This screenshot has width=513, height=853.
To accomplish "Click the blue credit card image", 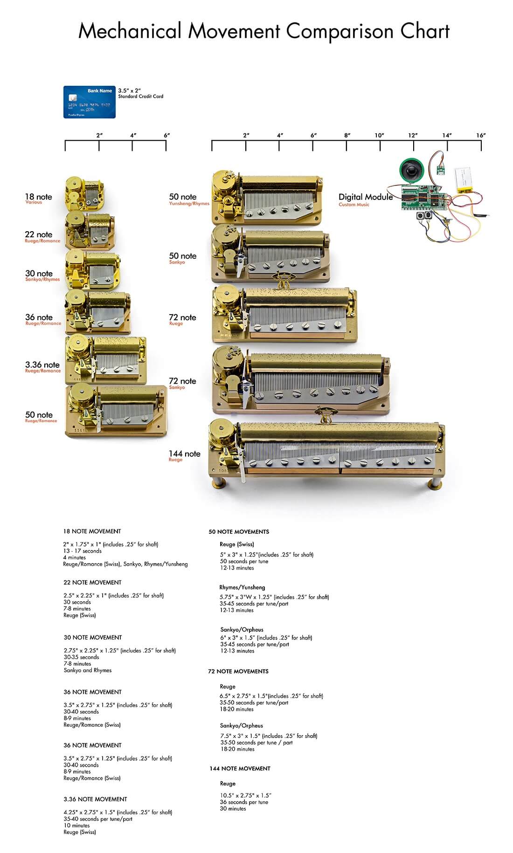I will [89, 102].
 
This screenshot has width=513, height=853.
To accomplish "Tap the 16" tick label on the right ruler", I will [481, 135].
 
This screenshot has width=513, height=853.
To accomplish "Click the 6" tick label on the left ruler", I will [166, 135].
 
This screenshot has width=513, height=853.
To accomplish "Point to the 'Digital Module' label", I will [365, 197].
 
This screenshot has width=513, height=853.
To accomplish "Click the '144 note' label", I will [184, 454].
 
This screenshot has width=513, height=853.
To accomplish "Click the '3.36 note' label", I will [42, 365].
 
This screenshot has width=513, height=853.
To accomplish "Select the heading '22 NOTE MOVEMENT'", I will [92, 582].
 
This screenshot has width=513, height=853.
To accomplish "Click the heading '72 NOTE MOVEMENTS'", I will [238, 671].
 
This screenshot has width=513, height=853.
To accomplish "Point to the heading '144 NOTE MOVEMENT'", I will [240, 768].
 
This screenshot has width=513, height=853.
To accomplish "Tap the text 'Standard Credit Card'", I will [140, 96].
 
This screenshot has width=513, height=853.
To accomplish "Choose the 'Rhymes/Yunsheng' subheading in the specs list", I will [242, 587].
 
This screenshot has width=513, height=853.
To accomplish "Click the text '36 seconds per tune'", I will [244, 802].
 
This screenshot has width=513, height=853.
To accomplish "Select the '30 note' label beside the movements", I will [39, 274].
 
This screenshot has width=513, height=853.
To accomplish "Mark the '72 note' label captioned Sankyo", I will [182, 381].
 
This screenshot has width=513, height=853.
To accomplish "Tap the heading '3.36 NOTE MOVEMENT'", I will [95, 799].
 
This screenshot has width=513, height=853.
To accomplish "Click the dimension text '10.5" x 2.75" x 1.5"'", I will [245, 795].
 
